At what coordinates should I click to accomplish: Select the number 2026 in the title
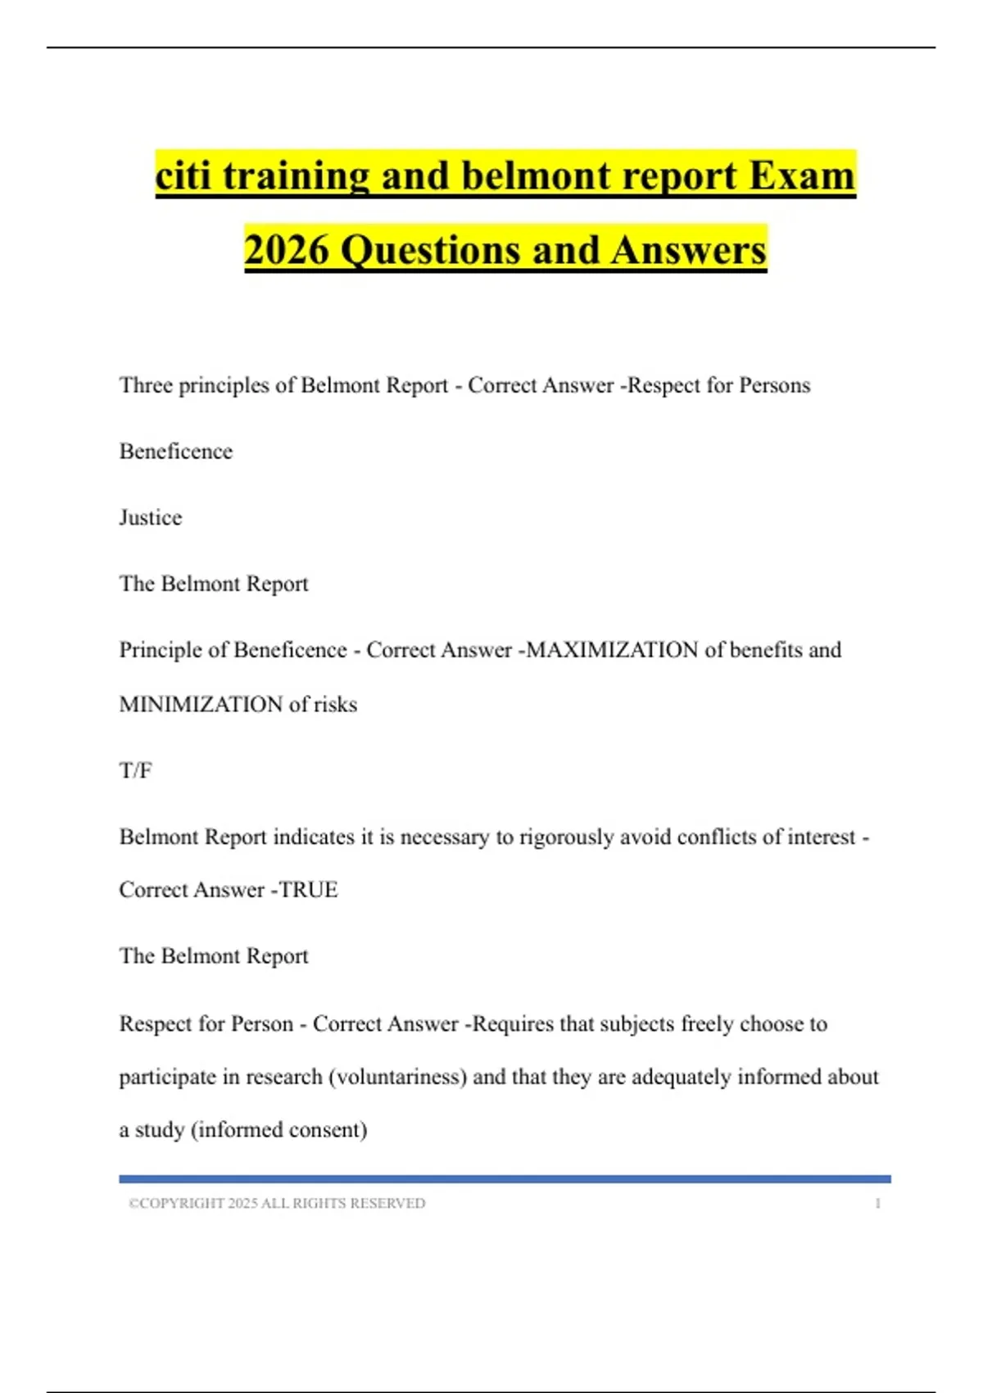(x=287, y=250)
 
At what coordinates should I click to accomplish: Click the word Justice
(x=151, y=518)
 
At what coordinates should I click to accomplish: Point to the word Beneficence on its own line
(x=176, y=451)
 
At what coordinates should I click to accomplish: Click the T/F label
(x=135, y=771)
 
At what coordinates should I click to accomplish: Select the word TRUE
(x=309, y=890)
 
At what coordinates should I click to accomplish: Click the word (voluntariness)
(x=397, y=1077)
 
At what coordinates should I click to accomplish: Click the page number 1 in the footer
(x=877, y=1204)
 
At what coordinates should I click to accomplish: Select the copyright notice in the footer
(x=277, y=1204)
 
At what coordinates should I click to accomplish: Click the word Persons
(x=774, y=385)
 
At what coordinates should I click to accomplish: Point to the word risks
(x=336, y=705)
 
